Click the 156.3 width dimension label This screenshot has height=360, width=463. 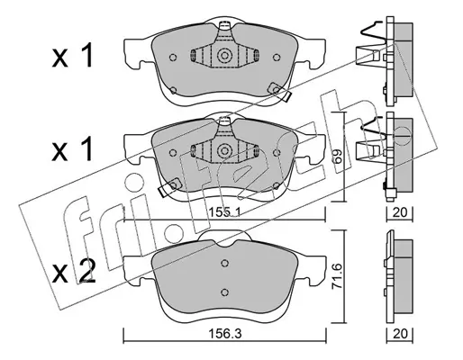tap(225, 334)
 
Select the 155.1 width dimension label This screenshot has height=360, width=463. tap(225, 213)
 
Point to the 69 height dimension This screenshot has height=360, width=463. tap(338, 156)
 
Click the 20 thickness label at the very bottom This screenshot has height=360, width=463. tap(400, 334)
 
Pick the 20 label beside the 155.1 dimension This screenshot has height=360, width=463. tap(400, 212)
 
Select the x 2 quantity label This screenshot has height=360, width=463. tap(74, 273)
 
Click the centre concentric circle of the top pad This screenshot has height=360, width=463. tap(224, 56)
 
